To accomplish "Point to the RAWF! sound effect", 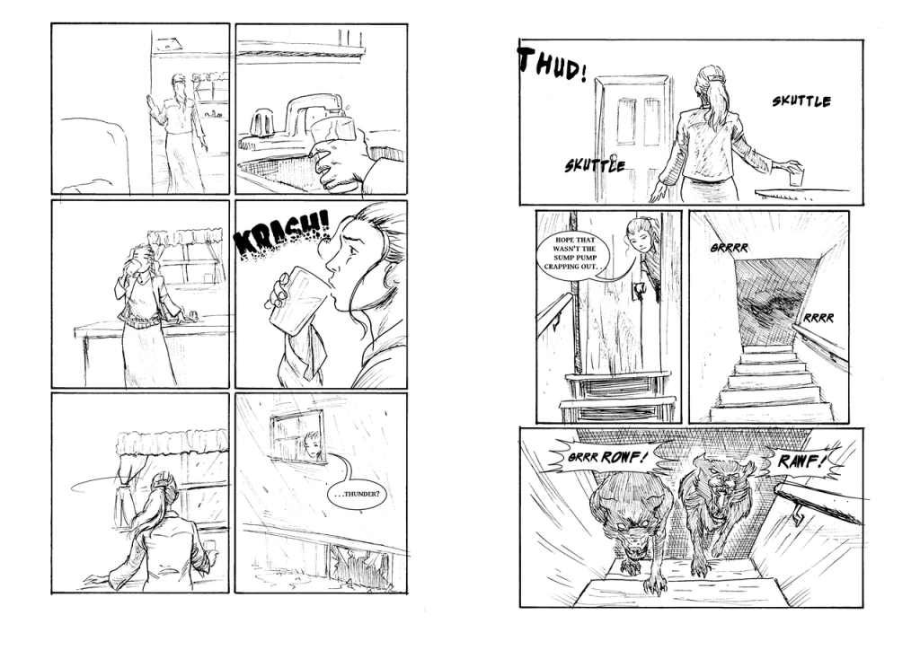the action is pos(802,461).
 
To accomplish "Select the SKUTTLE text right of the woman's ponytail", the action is pos(801,101).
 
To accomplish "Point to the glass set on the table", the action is pos(796,177).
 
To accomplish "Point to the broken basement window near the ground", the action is pos(358,565).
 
